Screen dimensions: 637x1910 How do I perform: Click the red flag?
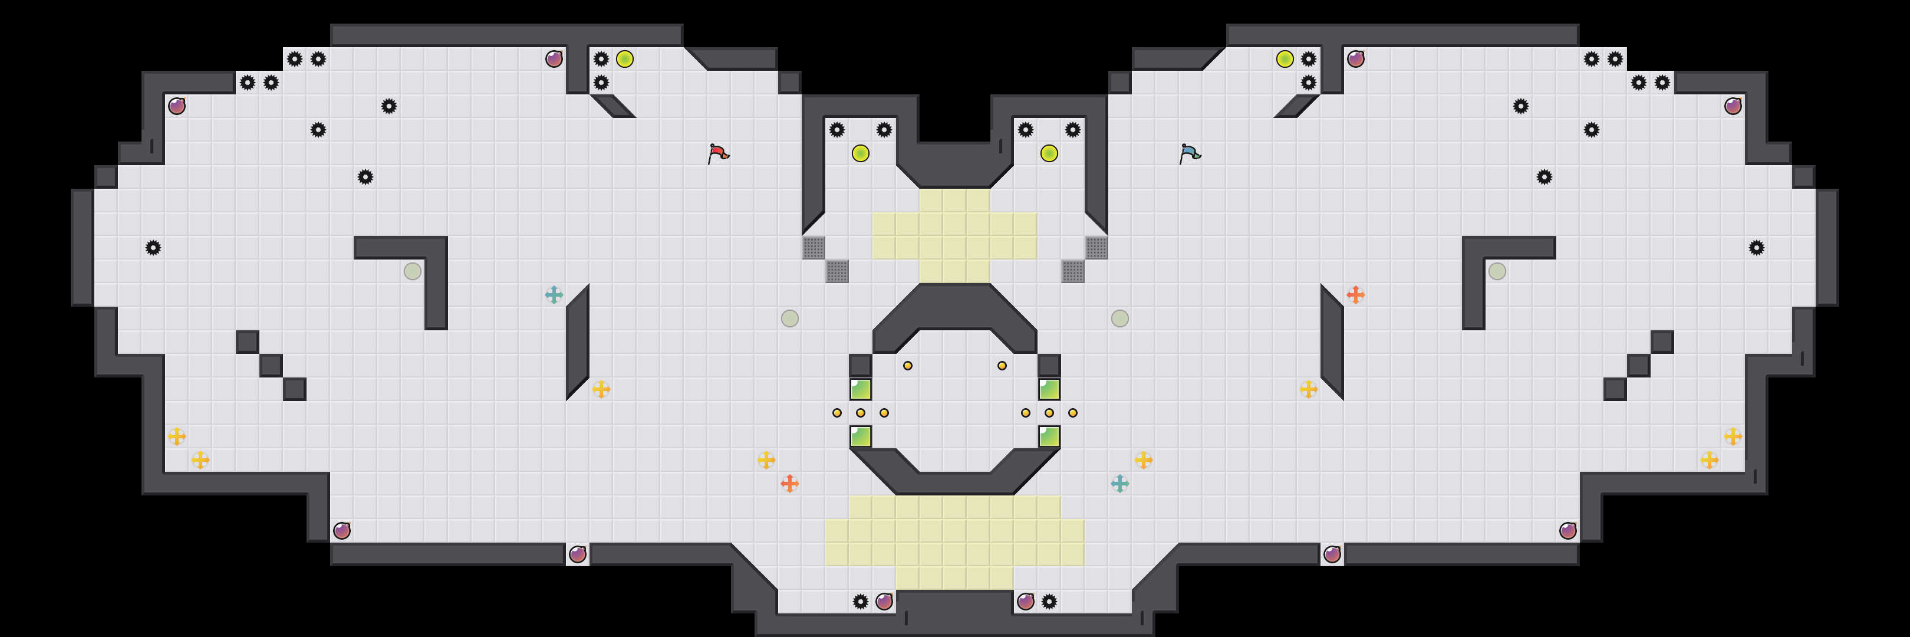[x=717, y=153]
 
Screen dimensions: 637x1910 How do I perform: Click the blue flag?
[x=1188, y=153]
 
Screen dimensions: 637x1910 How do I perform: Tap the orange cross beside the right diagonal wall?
[x=1355, y=295]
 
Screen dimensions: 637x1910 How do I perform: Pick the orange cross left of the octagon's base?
[x=790, y=484]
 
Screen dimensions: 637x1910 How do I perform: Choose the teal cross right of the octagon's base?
[x=1119, y=484]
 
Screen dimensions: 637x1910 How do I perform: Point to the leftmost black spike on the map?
[x=153, y=248]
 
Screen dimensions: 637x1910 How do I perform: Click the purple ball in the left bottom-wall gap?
[x=578, y=554]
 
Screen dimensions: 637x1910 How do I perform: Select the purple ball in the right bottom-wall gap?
[x=1332, y=554]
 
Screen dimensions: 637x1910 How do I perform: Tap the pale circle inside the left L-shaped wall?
[x=412, y=271]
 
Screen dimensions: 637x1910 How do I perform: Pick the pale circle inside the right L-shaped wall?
[x=1497, y=271]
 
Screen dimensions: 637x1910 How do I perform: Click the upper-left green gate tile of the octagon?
[x=860, y=389]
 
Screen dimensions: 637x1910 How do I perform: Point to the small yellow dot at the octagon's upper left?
[x=908, y=366]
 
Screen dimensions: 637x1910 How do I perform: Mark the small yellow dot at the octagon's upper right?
[x=1002, y=366]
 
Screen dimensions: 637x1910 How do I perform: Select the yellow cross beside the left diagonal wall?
[x=601, y=389]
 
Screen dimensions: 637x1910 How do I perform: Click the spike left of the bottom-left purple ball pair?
[x=860, y=602]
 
